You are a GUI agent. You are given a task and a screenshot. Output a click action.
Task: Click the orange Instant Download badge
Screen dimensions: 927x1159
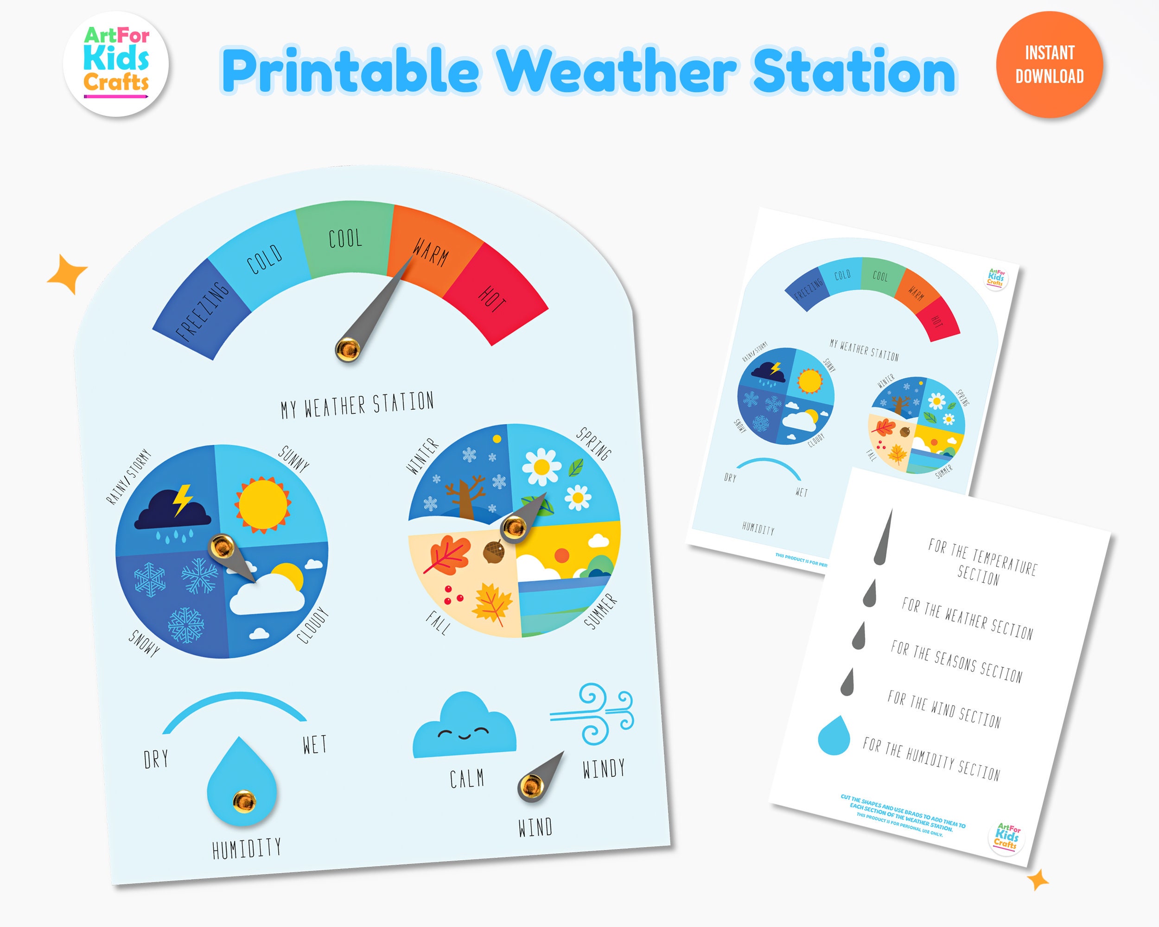pos(1049,64)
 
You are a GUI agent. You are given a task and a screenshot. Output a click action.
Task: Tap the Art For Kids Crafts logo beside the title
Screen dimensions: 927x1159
pos(115,64)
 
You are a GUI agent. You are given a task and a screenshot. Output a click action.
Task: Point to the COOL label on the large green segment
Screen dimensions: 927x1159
pos(345,238)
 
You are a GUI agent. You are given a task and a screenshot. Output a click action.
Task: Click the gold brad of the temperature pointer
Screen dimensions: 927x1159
pos(347,349)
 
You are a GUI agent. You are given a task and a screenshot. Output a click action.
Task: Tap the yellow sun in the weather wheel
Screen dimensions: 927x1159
pos(263,505)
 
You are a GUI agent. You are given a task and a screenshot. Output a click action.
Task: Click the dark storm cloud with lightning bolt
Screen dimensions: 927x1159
pos(173,509)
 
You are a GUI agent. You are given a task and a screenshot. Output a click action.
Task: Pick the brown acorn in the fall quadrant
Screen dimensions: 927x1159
pos(493,551)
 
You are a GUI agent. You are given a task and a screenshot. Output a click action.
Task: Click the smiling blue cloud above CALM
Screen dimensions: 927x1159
pos(464,727)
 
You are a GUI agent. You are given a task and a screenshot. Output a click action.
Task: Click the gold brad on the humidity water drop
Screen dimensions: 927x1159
pos(243,801)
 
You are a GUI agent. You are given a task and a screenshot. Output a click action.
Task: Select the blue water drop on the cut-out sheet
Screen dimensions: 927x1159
pos(834,735)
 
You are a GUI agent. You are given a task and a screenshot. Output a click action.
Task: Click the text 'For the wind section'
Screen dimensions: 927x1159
pos(943,709)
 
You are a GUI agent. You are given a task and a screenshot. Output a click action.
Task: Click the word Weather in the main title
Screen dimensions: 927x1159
pos(616,71)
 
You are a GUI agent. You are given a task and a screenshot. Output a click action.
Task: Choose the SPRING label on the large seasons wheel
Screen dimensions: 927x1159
pos(594,444)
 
